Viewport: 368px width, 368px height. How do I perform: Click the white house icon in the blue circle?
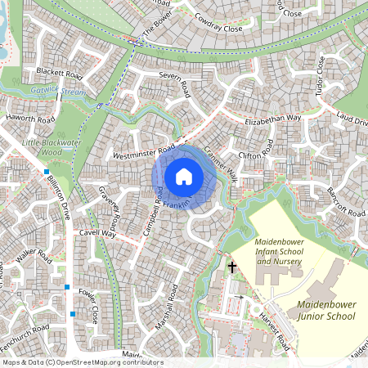(183, 176)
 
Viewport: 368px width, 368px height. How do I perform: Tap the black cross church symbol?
(231, 267)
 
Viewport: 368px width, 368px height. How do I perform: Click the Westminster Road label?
(144, 150)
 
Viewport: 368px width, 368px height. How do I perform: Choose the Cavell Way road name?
(98, 234)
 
